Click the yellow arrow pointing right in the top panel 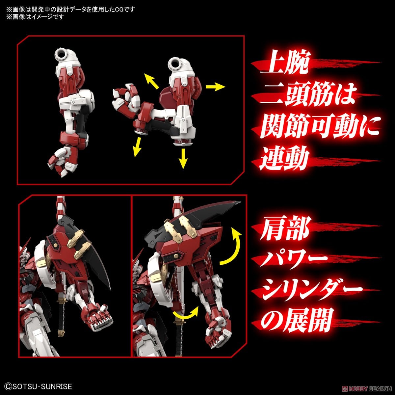(x=215, y=87)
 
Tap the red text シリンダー (x=311, y=290)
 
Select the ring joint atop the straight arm (x=63, y=53)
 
